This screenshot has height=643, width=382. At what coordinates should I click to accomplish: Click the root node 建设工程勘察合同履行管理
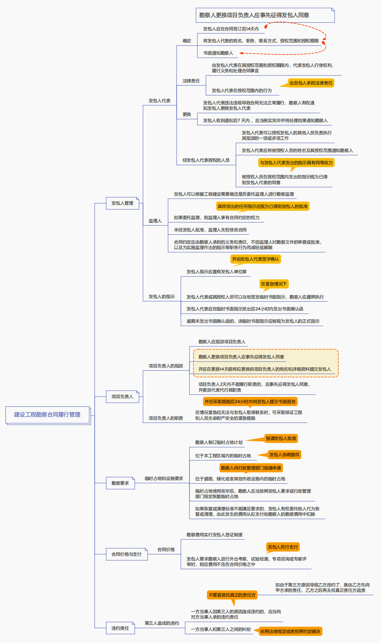47,415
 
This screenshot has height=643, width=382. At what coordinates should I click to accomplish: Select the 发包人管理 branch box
122,203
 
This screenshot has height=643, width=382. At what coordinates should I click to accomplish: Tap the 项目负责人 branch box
122,397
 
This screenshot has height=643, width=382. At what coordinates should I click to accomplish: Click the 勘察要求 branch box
120,483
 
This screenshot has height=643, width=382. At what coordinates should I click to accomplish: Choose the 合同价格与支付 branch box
126,554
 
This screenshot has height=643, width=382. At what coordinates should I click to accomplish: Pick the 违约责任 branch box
120,628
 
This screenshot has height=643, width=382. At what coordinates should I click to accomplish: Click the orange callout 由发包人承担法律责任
311,83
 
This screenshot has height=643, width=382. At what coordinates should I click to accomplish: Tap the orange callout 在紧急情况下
274,284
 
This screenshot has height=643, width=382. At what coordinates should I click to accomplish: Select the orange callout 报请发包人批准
281,438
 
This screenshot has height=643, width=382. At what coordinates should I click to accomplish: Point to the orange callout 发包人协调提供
284,455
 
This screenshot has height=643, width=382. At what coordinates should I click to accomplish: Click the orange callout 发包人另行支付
283,547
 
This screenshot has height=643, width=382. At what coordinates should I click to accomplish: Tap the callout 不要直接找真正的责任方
232,595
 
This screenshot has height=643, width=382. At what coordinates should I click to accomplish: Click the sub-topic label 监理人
155,221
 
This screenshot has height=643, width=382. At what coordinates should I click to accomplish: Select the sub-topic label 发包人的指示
161,297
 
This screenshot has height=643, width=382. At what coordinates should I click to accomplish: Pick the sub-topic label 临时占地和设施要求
164,478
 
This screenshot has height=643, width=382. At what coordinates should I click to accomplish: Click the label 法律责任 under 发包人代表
191,81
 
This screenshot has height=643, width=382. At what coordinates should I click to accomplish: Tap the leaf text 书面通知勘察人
218,53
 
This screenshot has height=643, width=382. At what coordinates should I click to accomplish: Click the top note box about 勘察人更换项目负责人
265,15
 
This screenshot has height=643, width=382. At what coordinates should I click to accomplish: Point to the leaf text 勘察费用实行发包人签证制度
214,535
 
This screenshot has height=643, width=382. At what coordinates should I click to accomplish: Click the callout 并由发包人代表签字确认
255,259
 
